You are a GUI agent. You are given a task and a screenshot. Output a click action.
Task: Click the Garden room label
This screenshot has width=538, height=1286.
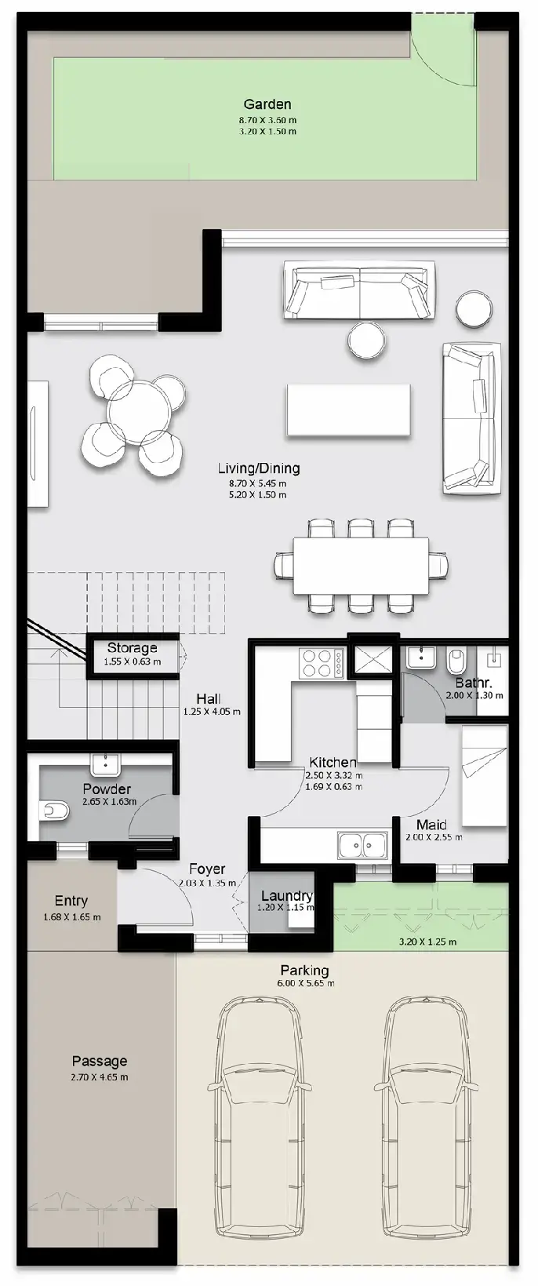point(267,104)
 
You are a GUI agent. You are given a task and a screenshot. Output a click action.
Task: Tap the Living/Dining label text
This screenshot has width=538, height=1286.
point(259,468)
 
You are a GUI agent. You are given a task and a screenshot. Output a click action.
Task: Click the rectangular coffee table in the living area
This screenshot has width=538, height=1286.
point(349,410)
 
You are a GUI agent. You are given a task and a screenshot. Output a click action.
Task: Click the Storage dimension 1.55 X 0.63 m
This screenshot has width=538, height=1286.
point(133,661)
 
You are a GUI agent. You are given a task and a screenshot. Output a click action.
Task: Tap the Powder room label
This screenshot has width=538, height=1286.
point(107,789)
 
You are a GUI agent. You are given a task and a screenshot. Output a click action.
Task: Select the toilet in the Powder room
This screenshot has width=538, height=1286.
point(56,811)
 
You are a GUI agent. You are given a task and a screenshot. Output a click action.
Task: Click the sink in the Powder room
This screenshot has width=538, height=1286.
point(106,763)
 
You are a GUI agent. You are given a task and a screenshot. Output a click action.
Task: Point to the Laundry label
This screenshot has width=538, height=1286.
point(287,895)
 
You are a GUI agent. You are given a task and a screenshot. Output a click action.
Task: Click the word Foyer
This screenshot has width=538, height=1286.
point(207,869)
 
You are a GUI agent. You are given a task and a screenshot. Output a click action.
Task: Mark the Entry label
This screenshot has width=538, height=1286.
point(71,900)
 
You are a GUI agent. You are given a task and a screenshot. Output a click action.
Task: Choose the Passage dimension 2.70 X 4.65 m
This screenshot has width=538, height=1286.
point(100,1077)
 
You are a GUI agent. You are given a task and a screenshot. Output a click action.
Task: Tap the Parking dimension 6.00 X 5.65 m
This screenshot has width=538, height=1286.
point(305,983)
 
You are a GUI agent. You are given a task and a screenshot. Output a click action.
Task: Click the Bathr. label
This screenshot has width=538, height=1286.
point(474,683)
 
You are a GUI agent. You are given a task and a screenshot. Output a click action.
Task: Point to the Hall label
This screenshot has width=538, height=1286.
point(209,698)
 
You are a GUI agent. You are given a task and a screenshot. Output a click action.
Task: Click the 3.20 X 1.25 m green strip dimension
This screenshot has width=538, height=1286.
point(428,942)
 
